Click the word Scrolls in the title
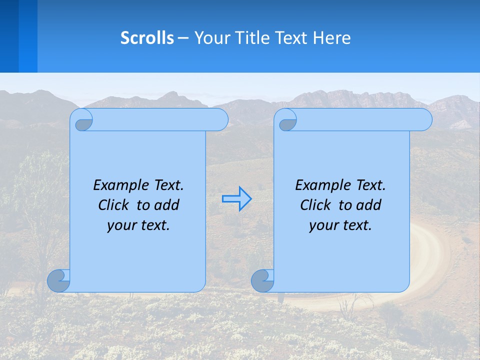[x=147, y=38]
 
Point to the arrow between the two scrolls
[x=236, y=198]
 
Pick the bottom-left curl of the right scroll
[x=262, y=281]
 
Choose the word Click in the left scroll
[x=114, y=205]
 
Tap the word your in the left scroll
[x=121, y=225]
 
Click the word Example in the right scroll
[x=320, y=185]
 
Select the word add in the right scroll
[x=369, y=205]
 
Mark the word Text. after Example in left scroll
[x=168, y=185]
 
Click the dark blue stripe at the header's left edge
[x=9, y=36]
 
